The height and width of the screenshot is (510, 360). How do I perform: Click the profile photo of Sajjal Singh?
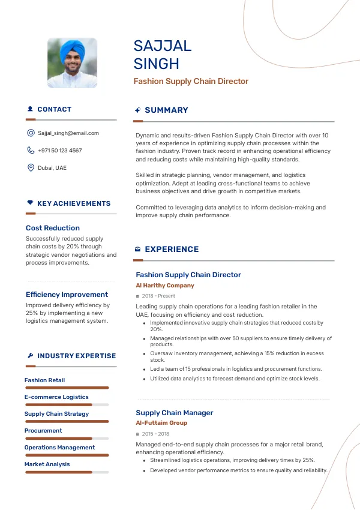pos(72,64)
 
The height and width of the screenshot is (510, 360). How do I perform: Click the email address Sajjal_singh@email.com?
pos(68,133)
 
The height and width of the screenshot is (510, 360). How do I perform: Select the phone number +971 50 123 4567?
pos(60,151)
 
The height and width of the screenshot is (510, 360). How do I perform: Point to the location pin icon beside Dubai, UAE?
pos(31,168)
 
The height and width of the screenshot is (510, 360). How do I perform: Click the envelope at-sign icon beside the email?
pos(31,133)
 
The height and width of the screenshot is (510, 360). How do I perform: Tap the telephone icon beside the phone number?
pos(31,151)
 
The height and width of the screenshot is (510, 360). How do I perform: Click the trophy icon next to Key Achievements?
pos(30,203)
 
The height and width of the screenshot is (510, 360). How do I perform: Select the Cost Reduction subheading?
pos(53,228)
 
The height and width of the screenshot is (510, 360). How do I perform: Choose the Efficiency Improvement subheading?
pos(67,295)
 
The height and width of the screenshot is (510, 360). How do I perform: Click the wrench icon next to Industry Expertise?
pos(30,356)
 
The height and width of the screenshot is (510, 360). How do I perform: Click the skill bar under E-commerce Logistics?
pos(67,405)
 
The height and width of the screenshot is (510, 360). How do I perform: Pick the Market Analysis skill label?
pos(47,464)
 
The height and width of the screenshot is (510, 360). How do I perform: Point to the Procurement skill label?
pos(43,431)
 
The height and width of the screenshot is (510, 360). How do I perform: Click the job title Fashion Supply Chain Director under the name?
pos(191,82)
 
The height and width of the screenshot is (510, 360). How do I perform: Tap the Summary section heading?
pos(166,110)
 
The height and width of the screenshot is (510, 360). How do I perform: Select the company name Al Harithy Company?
pos(165,286)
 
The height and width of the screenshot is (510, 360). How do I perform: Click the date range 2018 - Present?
pos(158,296)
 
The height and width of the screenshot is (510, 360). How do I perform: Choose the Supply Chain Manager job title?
pos(175,413)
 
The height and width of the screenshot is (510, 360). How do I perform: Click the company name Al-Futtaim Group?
pos(161,423)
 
